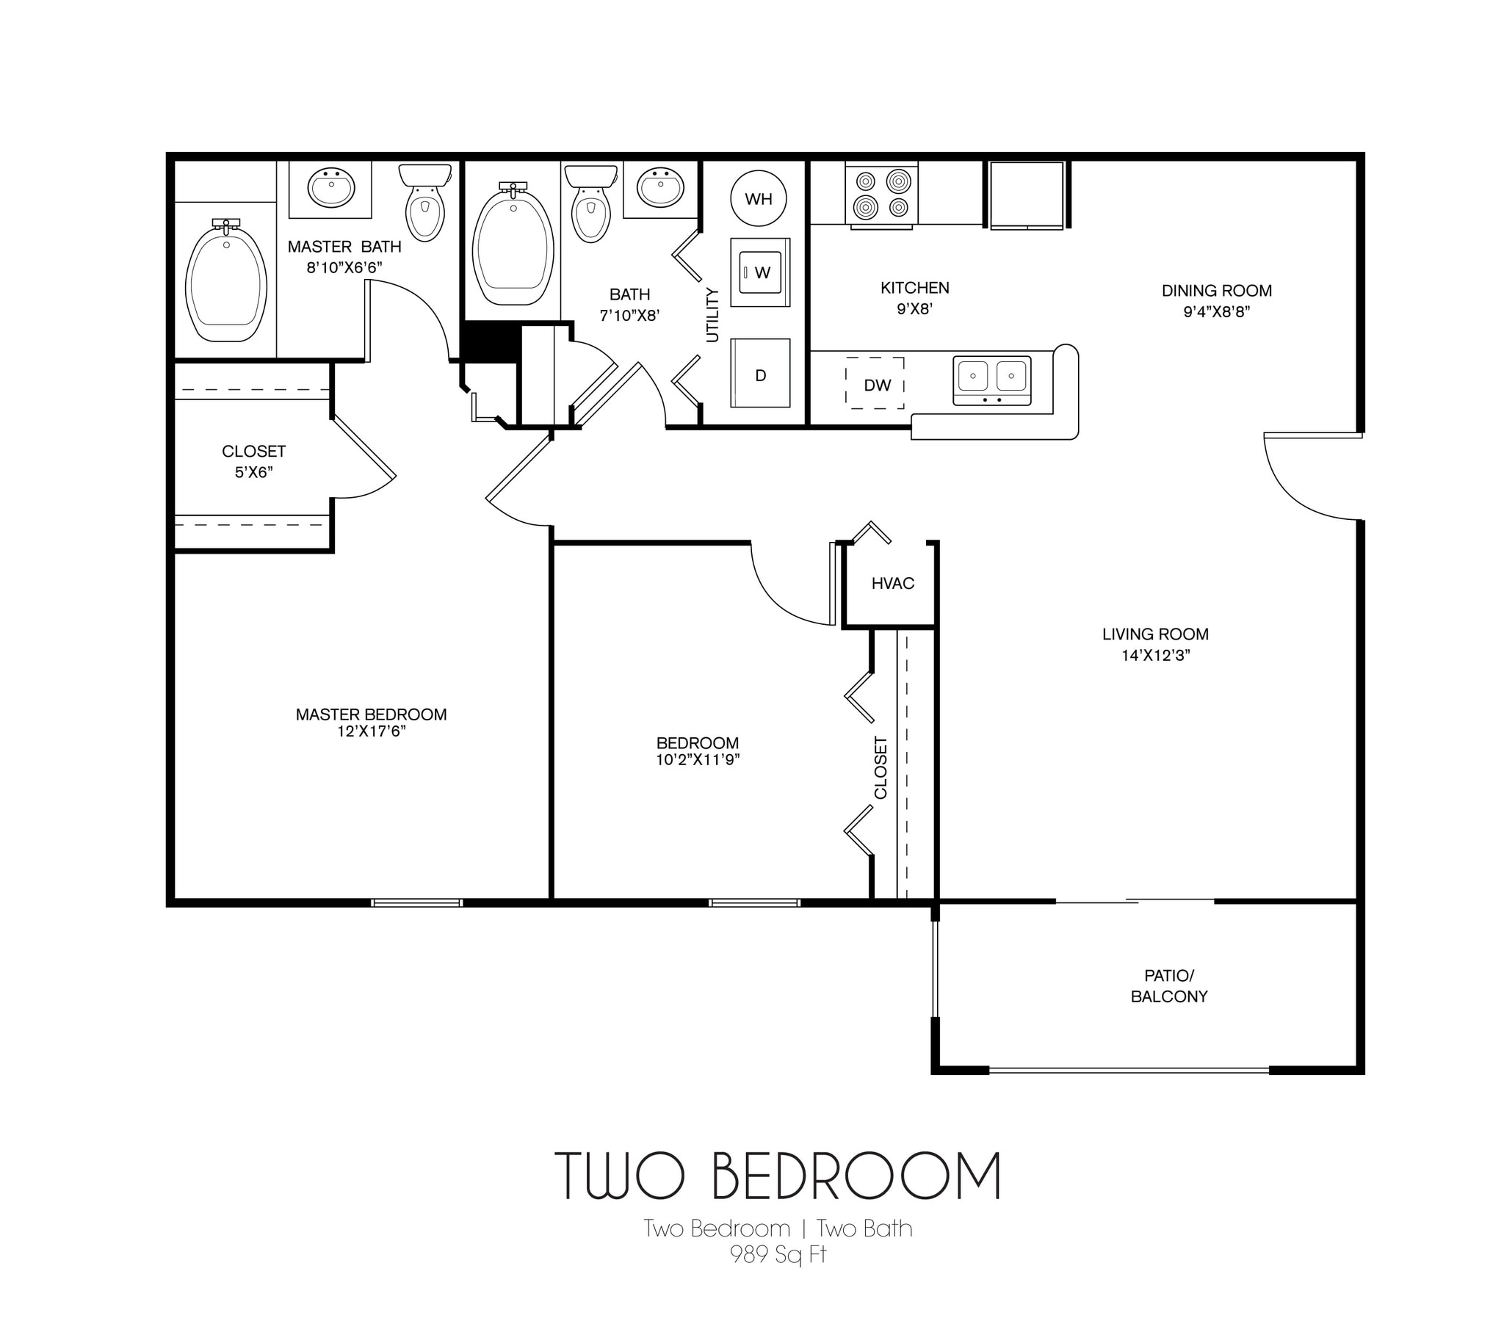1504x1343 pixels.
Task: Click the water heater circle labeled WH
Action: click(x=758, y=198)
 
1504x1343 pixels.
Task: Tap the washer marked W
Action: click(x=760, y=272)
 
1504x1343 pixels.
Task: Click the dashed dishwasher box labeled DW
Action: click(x=875, y=384)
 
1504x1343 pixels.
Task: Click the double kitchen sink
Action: click(x=992, y=380)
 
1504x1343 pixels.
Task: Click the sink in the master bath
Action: click(x=331, y=188)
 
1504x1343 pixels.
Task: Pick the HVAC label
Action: click(x=892, y=584)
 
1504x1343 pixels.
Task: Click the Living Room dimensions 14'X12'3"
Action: click(x=1156, y=655)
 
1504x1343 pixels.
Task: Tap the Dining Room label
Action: click(x=1216, y=291)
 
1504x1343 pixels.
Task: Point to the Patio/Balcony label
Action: click(x=1169, y=986)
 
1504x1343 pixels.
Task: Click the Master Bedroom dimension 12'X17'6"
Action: click(x=371, y=731)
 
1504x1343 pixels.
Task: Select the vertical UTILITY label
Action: click(x=712, y=315)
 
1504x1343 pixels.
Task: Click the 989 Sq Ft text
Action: click(x=778, y=1254)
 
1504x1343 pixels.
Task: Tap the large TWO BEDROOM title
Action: click(x=778, y=1176)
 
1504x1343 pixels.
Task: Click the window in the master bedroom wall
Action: click(x=417, y=902)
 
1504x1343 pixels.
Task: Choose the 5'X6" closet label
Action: click(x=254, y=472)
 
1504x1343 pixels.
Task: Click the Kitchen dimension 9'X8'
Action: click(x=915, y=309)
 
